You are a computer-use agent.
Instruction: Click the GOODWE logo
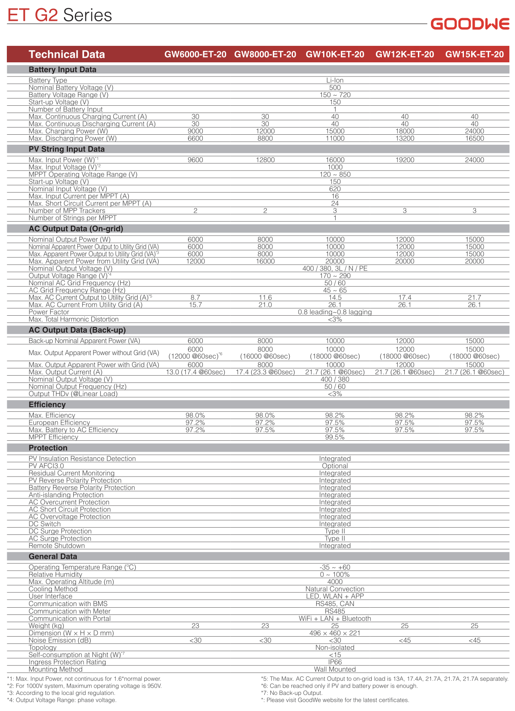pyautogui.click(x=470, y=24)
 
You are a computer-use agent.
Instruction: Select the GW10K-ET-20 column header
pyautogui.click(x=335, y=54)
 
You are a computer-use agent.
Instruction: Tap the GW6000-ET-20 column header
pyautogui.click(x=195, y=54)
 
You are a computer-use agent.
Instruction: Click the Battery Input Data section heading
pyautogui.click(x=62, y=70)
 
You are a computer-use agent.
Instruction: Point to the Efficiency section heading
pyautogui.click(x=47, y=405)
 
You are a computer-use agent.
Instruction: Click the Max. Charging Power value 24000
pyautogui.click(x=474, y=131)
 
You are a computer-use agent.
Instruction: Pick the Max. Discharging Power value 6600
pyautogui.click(x=195, y=138)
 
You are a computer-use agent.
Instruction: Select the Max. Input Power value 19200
pyautogui.click(x=405, y=160)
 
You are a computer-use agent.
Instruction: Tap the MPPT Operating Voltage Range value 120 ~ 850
pyautogui.click(x=335, y=175)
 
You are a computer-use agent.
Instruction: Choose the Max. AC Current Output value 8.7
pyautogui.click(x=195, y=298)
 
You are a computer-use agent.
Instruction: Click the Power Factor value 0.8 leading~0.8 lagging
pyautogui.click(x=335, y=312)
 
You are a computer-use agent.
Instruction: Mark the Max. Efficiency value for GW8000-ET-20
pyautogui.click(x=265, y=415)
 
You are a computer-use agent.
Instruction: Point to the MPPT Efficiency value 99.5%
pyautogui.click(x=335, y=437)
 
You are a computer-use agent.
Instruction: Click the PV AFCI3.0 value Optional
pyautogui.click(x=335, y=466)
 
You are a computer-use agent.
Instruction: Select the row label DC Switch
pyautogui.click(x=45, y=524)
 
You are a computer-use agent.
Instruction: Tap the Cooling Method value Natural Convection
pyautogui.click(x=335, y=589)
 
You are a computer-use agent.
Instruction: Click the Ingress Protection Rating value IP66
pyautogui.click(x=335, y=662)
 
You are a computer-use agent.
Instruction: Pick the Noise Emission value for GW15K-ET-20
pyautogui.click(x=474, y=640)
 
